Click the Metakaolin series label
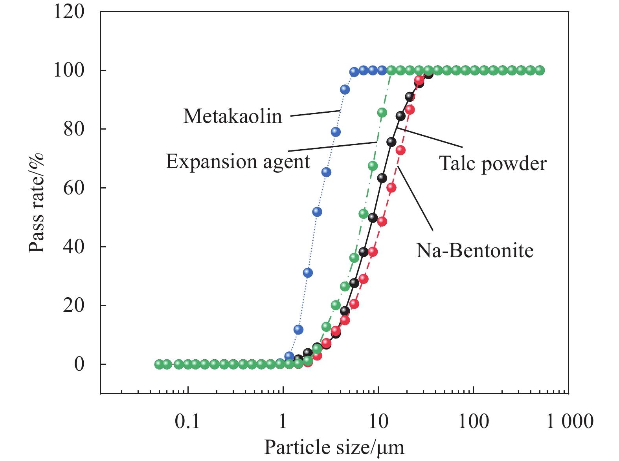coord(233,117)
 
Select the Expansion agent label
coord(238,161)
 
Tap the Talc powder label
coord(493,163)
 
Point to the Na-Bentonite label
coord(475,250)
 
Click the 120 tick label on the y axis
coord(69,11)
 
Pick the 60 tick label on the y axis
coord(74,188)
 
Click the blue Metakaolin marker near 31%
coord(308,273)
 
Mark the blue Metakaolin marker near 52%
coord(317,212)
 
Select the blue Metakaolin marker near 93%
coord(345,90)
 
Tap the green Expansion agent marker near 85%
coord(382,113)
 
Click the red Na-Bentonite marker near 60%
coord(391,188)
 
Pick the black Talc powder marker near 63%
coord(382,178)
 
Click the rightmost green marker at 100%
coord(540,70)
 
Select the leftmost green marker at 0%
coord(159,364)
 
